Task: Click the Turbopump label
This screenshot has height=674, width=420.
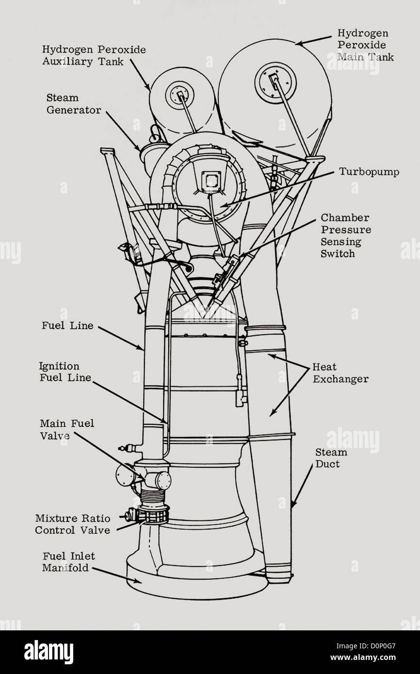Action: pyautogui.click(x=369, y=172)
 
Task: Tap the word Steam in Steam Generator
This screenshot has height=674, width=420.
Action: pyautogui.click(x=63, y=98)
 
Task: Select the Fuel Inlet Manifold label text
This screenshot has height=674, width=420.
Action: pyautogui.click(x=68, y=562)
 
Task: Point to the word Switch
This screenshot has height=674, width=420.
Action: pyautogui.click(x=338, y=254)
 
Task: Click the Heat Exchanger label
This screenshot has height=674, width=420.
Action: pyautogui.click(x=340, y=373)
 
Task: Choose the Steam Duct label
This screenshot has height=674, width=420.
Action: pyautogui.click(x=331, y=458)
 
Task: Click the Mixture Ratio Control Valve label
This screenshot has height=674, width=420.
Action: pyautogui.click(x=73, y=524)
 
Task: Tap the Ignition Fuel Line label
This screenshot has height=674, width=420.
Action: pyautogui.click(x=65, y=372)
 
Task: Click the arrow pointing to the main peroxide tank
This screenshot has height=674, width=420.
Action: pyautogui.click(x=313, y=41)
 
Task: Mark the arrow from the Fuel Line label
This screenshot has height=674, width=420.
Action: pyautogui.click(x=121, y=338)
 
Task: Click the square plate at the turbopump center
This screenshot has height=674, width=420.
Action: pyautogui.click(x=211, y=181)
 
